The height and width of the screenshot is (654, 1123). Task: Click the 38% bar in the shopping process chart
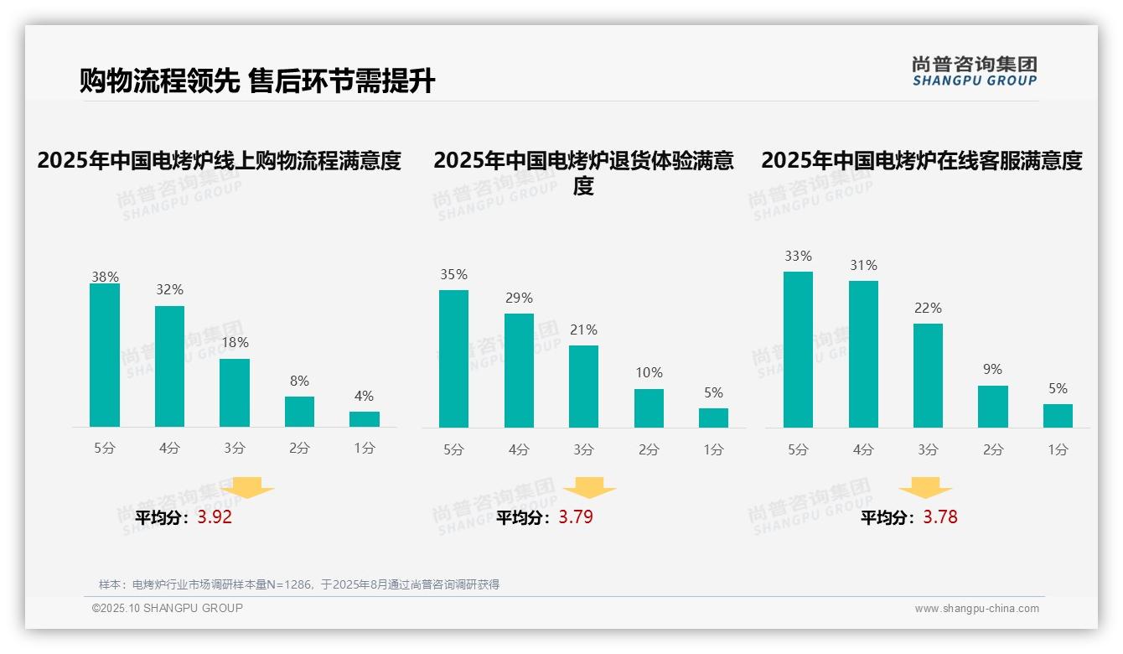105,356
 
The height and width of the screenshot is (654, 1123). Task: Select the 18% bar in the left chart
235,393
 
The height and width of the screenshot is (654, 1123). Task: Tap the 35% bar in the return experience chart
453,359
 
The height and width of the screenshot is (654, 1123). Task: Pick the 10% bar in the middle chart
649,408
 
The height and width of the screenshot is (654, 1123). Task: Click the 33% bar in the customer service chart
798,350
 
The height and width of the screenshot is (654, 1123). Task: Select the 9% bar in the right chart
993,407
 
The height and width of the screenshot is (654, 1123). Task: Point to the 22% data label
928,309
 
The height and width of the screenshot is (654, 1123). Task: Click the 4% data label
364,397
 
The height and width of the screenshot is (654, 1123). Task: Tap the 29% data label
519,298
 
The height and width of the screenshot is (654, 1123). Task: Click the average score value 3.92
215,517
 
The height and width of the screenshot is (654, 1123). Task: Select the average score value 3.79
576,517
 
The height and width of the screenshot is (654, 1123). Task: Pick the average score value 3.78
940,517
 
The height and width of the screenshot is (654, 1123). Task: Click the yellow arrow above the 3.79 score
589,488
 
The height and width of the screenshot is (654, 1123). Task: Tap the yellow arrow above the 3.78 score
925,488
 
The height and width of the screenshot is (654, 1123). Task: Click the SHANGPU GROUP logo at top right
974,71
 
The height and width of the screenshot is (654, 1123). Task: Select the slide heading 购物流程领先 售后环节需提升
257,81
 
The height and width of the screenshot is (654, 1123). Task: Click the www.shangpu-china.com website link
976,609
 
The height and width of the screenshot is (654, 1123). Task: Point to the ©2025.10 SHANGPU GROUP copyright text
168,608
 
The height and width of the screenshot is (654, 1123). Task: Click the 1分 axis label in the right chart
1058,450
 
